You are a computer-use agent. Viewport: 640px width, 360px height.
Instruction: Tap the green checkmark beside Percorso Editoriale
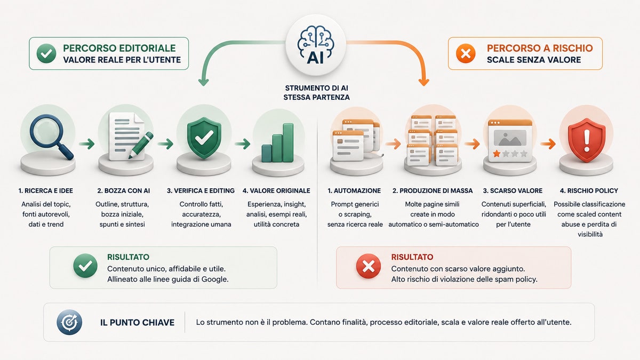pos(46,53)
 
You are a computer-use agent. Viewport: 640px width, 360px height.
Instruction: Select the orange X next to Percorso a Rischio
pos(466,53)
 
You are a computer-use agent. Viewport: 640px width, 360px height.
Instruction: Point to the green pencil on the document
pos(141,145)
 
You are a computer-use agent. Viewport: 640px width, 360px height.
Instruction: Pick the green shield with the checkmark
pos(204,138)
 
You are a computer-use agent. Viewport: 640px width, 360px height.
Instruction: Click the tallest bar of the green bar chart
pos(288,142)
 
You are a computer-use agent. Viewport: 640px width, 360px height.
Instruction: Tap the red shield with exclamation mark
pos(587,140)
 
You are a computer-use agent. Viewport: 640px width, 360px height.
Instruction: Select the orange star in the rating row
pos(497,154)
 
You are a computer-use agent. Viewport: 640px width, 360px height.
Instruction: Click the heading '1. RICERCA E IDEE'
pos(46,190)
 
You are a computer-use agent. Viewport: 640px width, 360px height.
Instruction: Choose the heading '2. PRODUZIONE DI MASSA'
pos(433,190)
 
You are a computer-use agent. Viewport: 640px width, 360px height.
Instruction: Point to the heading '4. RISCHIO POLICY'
pos(589,190)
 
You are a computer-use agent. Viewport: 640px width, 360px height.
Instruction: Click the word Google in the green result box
pos(214,279)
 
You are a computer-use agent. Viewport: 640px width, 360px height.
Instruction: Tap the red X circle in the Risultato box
pos(369,267)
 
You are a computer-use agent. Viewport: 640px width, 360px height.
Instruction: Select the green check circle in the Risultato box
pos(85,266)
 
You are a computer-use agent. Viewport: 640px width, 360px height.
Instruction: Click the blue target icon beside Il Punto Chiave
pos(69,322)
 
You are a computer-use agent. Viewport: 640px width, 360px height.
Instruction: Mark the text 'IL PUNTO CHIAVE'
pos(137,323)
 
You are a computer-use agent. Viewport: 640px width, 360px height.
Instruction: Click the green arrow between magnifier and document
pos(86,143)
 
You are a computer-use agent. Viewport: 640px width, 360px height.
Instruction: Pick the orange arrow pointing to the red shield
pos(548,143)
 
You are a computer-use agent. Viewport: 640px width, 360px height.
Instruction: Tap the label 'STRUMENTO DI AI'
pos(316,88)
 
